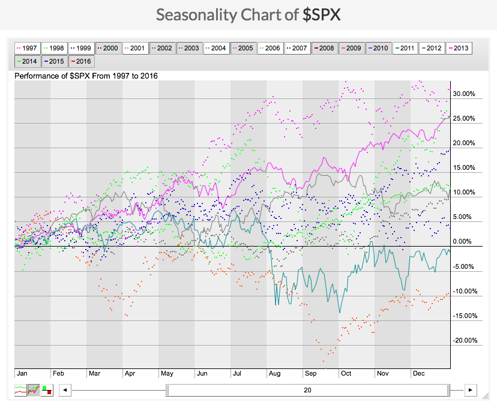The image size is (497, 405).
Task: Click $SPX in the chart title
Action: pos(322,14)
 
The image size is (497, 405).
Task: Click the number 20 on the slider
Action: pos(307,390)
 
